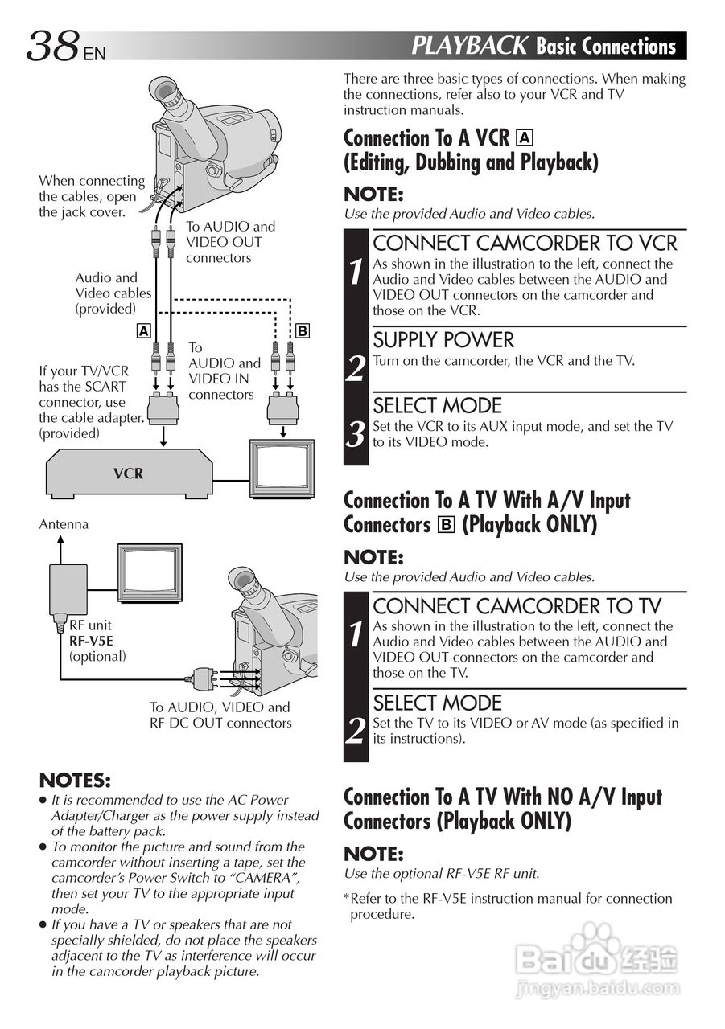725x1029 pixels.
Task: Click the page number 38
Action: (53, 47)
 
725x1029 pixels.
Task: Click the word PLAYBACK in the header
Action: (469, 46)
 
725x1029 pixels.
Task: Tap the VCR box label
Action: (128, 474)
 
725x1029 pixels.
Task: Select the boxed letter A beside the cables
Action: (142, 330)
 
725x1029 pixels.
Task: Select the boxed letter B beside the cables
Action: (303, 330)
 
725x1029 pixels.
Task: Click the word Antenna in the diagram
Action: (64, 524)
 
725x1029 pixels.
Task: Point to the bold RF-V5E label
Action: (92, 641)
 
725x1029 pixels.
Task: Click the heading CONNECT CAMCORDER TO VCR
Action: (525, 243)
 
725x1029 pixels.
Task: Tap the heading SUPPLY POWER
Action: (443, 339)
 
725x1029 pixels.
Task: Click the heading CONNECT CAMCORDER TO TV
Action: (517, 605)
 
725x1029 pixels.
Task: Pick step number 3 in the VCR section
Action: (356, 435)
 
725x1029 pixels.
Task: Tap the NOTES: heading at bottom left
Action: (75, 781)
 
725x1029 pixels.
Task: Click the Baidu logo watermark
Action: (595, 957)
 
